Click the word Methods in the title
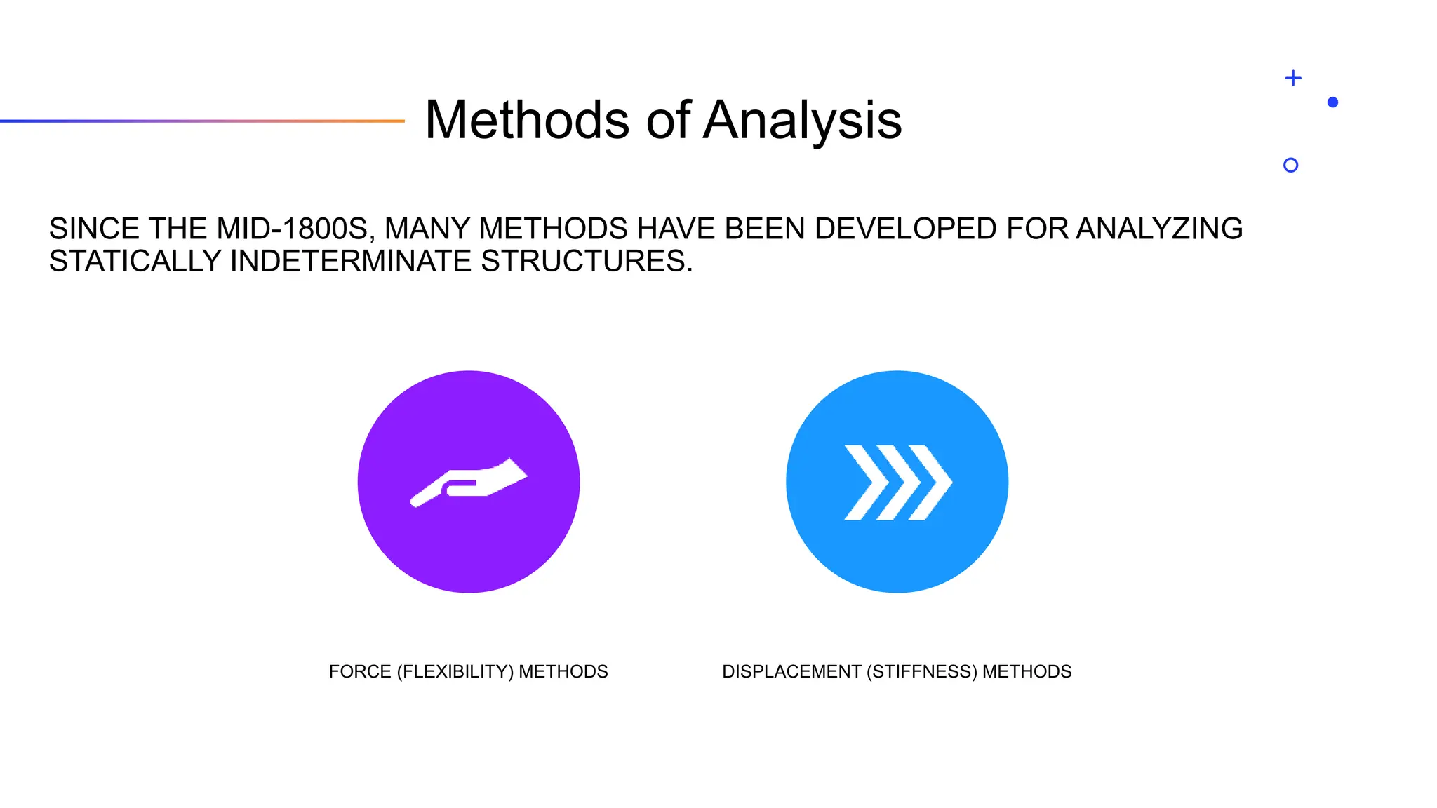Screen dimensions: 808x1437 click(527, 121)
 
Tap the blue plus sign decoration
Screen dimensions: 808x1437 click(1293, 78)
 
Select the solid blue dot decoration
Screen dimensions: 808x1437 click(1333, 102)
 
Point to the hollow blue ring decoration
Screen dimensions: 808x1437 click(1290, 165)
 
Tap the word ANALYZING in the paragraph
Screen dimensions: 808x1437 click(1159, 229)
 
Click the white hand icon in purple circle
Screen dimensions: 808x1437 click(469, 483)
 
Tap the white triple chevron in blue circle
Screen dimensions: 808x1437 click(897, 483)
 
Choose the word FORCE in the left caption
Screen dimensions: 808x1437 click(360, 672)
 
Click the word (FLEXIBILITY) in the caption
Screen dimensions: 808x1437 click(455, 672)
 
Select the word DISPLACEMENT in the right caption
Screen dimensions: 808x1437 click(791, 672)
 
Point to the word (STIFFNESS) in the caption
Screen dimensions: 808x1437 click(921, 672)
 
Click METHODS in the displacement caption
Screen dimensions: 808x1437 click(1027, 672)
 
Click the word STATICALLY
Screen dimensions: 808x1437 click(135, 262)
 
